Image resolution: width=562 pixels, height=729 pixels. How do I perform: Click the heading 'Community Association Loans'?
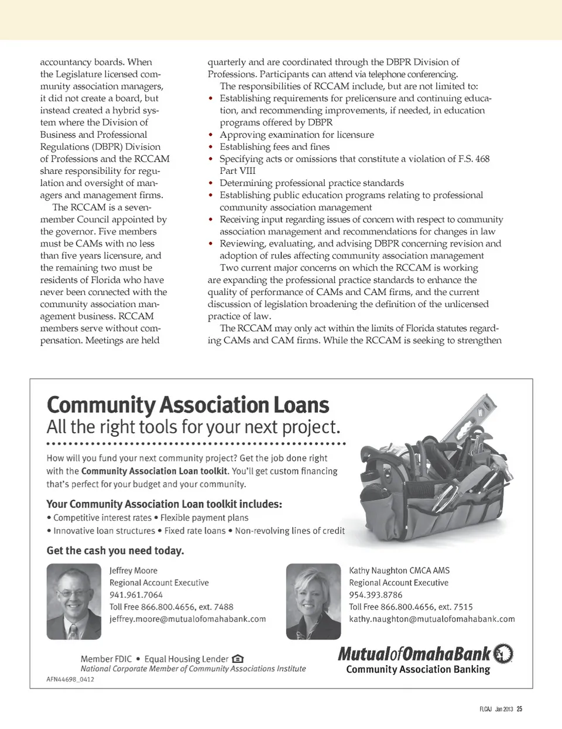pyautogui.click(x=187, y=405)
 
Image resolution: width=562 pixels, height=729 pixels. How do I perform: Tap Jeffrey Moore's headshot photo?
pyautogui.click(x=74, y=601)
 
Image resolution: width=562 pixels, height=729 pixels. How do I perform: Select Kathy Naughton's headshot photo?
pyautogui.click(x=313, y=601)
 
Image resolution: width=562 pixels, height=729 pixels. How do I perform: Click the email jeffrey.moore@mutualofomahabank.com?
pyautogui.click(x=187, y=619)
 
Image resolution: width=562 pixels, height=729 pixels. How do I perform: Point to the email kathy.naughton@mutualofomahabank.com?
pyautogui.click(x=431, y=619)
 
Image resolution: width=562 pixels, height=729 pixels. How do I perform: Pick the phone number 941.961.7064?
pyautogui.click(x=136, y=595)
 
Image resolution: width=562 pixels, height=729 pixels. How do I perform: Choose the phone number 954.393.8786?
pyautogui.click(x=375, y=595)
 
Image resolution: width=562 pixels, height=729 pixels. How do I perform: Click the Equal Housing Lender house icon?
pyautogui.click(x=238, y=659)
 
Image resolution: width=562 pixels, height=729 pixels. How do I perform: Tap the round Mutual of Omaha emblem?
pyautogui.click(x=503, y=653)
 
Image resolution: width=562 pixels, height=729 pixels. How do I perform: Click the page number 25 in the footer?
pyautogui.click(x=519, y=709)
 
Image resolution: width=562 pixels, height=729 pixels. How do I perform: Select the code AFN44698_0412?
pyautogui.click(x=70, y=679)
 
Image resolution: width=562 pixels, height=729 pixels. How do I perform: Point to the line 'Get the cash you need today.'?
pyautogui.click(x=115, y=550)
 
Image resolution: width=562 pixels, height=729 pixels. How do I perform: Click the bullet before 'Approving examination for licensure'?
pyautogui.click(x=211, y=135)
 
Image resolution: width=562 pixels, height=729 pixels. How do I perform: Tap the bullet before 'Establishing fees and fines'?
pyautogui.click(x=211, y=147)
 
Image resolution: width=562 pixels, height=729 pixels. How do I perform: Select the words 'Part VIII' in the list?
pyautogui.click(x=237, y=171)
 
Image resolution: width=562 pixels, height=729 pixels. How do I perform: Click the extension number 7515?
pyautogui.click(x=462, y=607)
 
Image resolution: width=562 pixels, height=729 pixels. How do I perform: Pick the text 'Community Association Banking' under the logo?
pyautogui.click(x=418, y=669)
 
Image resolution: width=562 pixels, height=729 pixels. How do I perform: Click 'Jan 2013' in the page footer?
pyautogui.click(x=504, y=709)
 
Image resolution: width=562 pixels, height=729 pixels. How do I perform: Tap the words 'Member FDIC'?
pyautogui.click(x=106, y=659)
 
